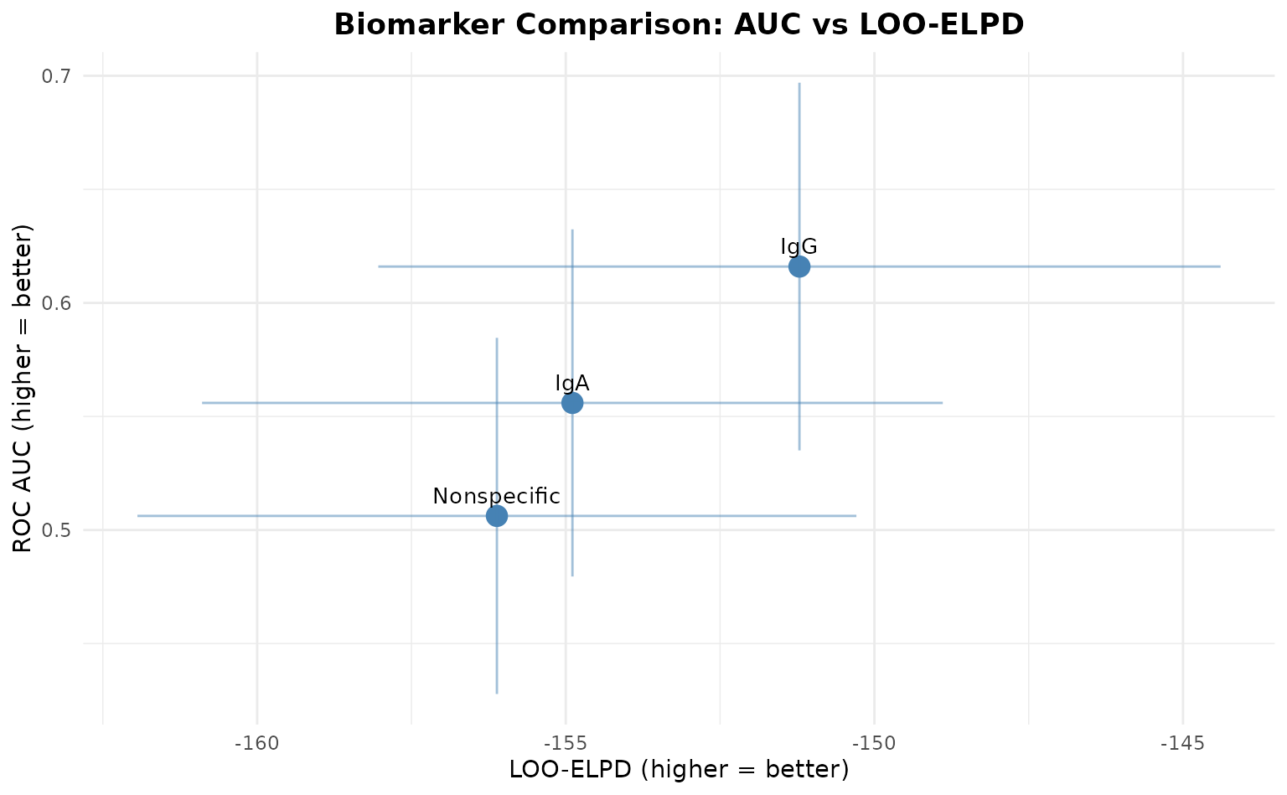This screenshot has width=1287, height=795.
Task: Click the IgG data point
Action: [799, 266]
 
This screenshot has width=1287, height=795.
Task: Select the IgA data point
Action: [572, 403]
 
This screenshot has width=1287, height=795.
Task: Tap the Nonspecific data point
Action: [497, 516]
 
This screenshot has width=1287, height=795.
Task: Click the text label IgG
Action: [799, 246]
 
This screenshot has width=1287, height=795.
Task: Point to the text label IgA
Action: [572, 384]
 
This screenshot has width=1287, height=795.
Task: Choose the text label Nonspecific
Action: [496, 496]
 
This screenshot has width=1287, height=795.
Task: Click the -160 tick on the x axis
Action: [257, 743]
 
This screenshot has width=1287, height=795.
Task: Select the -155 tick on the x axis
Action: [566, 743]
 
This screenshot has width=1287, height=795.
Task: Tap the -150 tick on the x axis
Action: [875, 743]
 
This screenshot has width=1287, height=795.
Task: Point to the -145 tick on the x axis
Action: [1183, 743]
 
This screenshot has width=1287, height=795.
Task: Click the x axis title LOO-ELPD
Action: [680, 769]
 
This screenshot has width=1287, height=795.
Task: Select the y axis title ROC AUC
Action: [23, 389]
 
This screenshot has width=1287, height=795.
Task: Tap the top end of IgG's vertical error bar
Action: [799, 83]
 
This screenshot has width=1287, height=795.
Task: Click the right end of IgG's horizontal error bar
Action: [1220, 266]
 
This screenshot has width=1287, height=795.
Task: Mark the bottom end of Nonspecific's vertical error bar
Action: [497, 694]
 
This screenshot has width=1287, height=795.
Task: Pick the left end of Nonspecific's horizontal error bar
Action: [137, 516]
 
